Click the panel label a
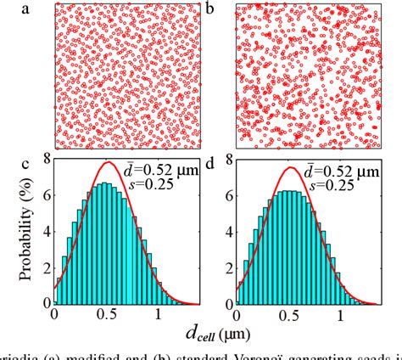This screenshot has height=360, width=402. coord(25,9)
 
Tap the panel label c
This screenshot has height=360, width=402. coord(25,162)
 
